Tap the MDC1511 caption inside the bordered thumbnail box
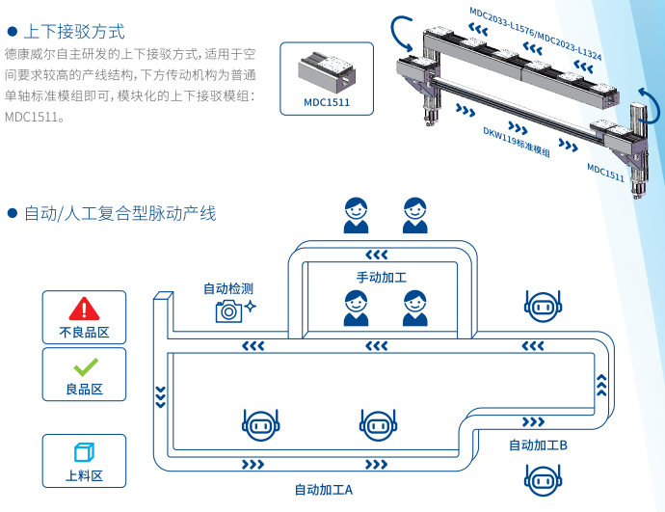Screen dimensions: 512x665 327,101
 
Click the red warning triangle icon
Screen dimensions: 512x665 85,309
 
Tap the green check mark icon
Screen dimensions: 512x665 85,366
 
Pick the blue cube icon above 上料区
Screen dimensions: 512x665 84,452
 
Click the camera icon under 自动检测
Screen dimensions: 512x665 228,310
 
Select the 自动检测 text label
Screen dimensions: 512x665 228,288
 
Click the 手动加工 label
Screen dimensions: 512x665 382,277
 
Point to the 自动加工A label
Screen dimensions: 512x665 323,489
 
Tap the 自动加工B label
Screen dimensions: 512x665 538,445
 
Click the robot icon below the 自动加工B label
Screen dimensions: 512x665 540,478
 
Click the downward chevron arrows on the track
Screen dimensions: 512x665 161,395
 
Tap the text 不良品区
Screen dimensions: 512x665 84,333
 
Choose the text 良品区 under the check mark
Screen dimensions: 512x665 84,390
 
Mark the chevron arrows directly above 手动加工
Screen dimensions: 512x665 378,255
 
